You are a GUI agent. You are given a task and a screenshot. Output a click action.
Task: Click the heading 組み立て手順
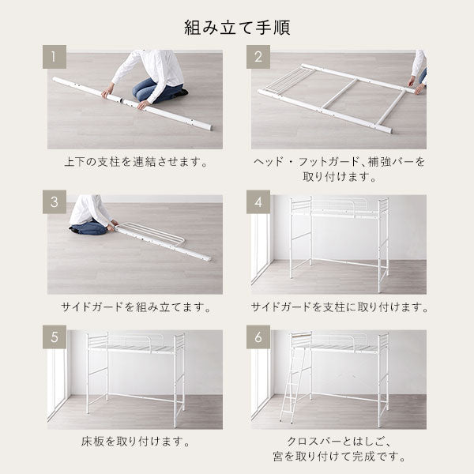[237, 28]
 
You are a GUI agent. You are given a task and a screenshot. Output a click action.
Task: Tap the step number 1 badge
[55, 57]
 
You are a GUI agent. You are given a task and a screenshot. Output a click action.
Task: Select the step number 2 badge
[258, 57]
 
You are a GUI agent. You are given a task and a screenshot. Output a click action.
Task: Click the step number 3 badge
[55, 202]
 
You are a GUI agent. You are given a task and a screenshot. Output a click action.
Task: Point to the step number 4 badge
[258, 202]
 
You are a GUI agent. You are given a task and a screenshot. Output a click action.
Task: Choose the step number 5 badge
[55, 337]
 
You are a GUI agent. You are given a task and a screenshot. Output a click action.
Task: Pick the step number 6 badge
[258, 337]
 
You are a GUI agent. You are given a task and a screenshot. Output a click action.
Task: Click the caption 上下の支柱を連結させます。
[135, 162]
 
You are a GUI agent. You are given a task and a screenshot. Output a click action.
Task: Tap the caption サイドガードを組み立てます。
[135, 307]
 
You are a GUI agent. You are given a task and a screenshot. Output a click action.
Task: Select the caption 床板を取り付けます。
[135, 442]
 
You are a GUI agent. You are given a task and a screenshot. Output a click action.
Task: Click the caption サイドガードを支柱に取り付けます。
[339, 307]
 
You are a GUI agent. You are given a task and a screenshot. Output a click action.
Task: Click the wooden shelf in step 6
[301, 335]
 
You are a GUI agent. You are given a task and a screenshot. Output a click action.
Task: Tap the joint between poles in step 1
[122, 100]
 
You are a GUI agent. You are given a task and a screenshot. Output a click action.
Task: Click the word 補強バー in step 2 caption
[390, 162]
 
